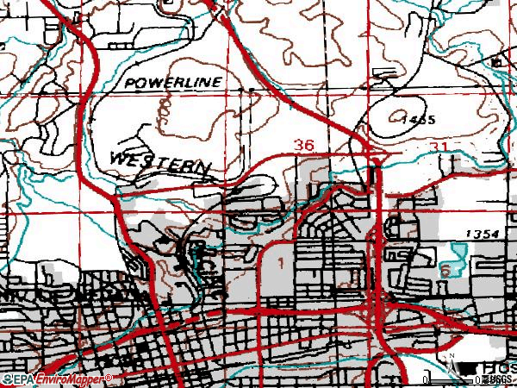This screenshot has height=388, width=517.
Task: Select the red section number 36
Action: point(302,146)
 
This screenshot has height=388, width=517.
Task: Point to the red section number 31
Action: point(439,148)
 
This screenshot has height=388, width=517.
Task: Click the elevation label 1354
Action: point(481,235)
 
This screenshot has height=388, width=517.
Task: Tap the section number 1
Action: point(281,260)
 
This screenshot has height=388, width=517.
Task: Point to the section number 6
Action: point(445,271)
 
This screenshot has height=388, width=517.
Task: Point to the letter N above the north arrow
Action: point(449,354)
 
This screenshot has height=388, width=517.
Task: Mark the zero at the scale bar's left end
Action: point(428,379)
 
